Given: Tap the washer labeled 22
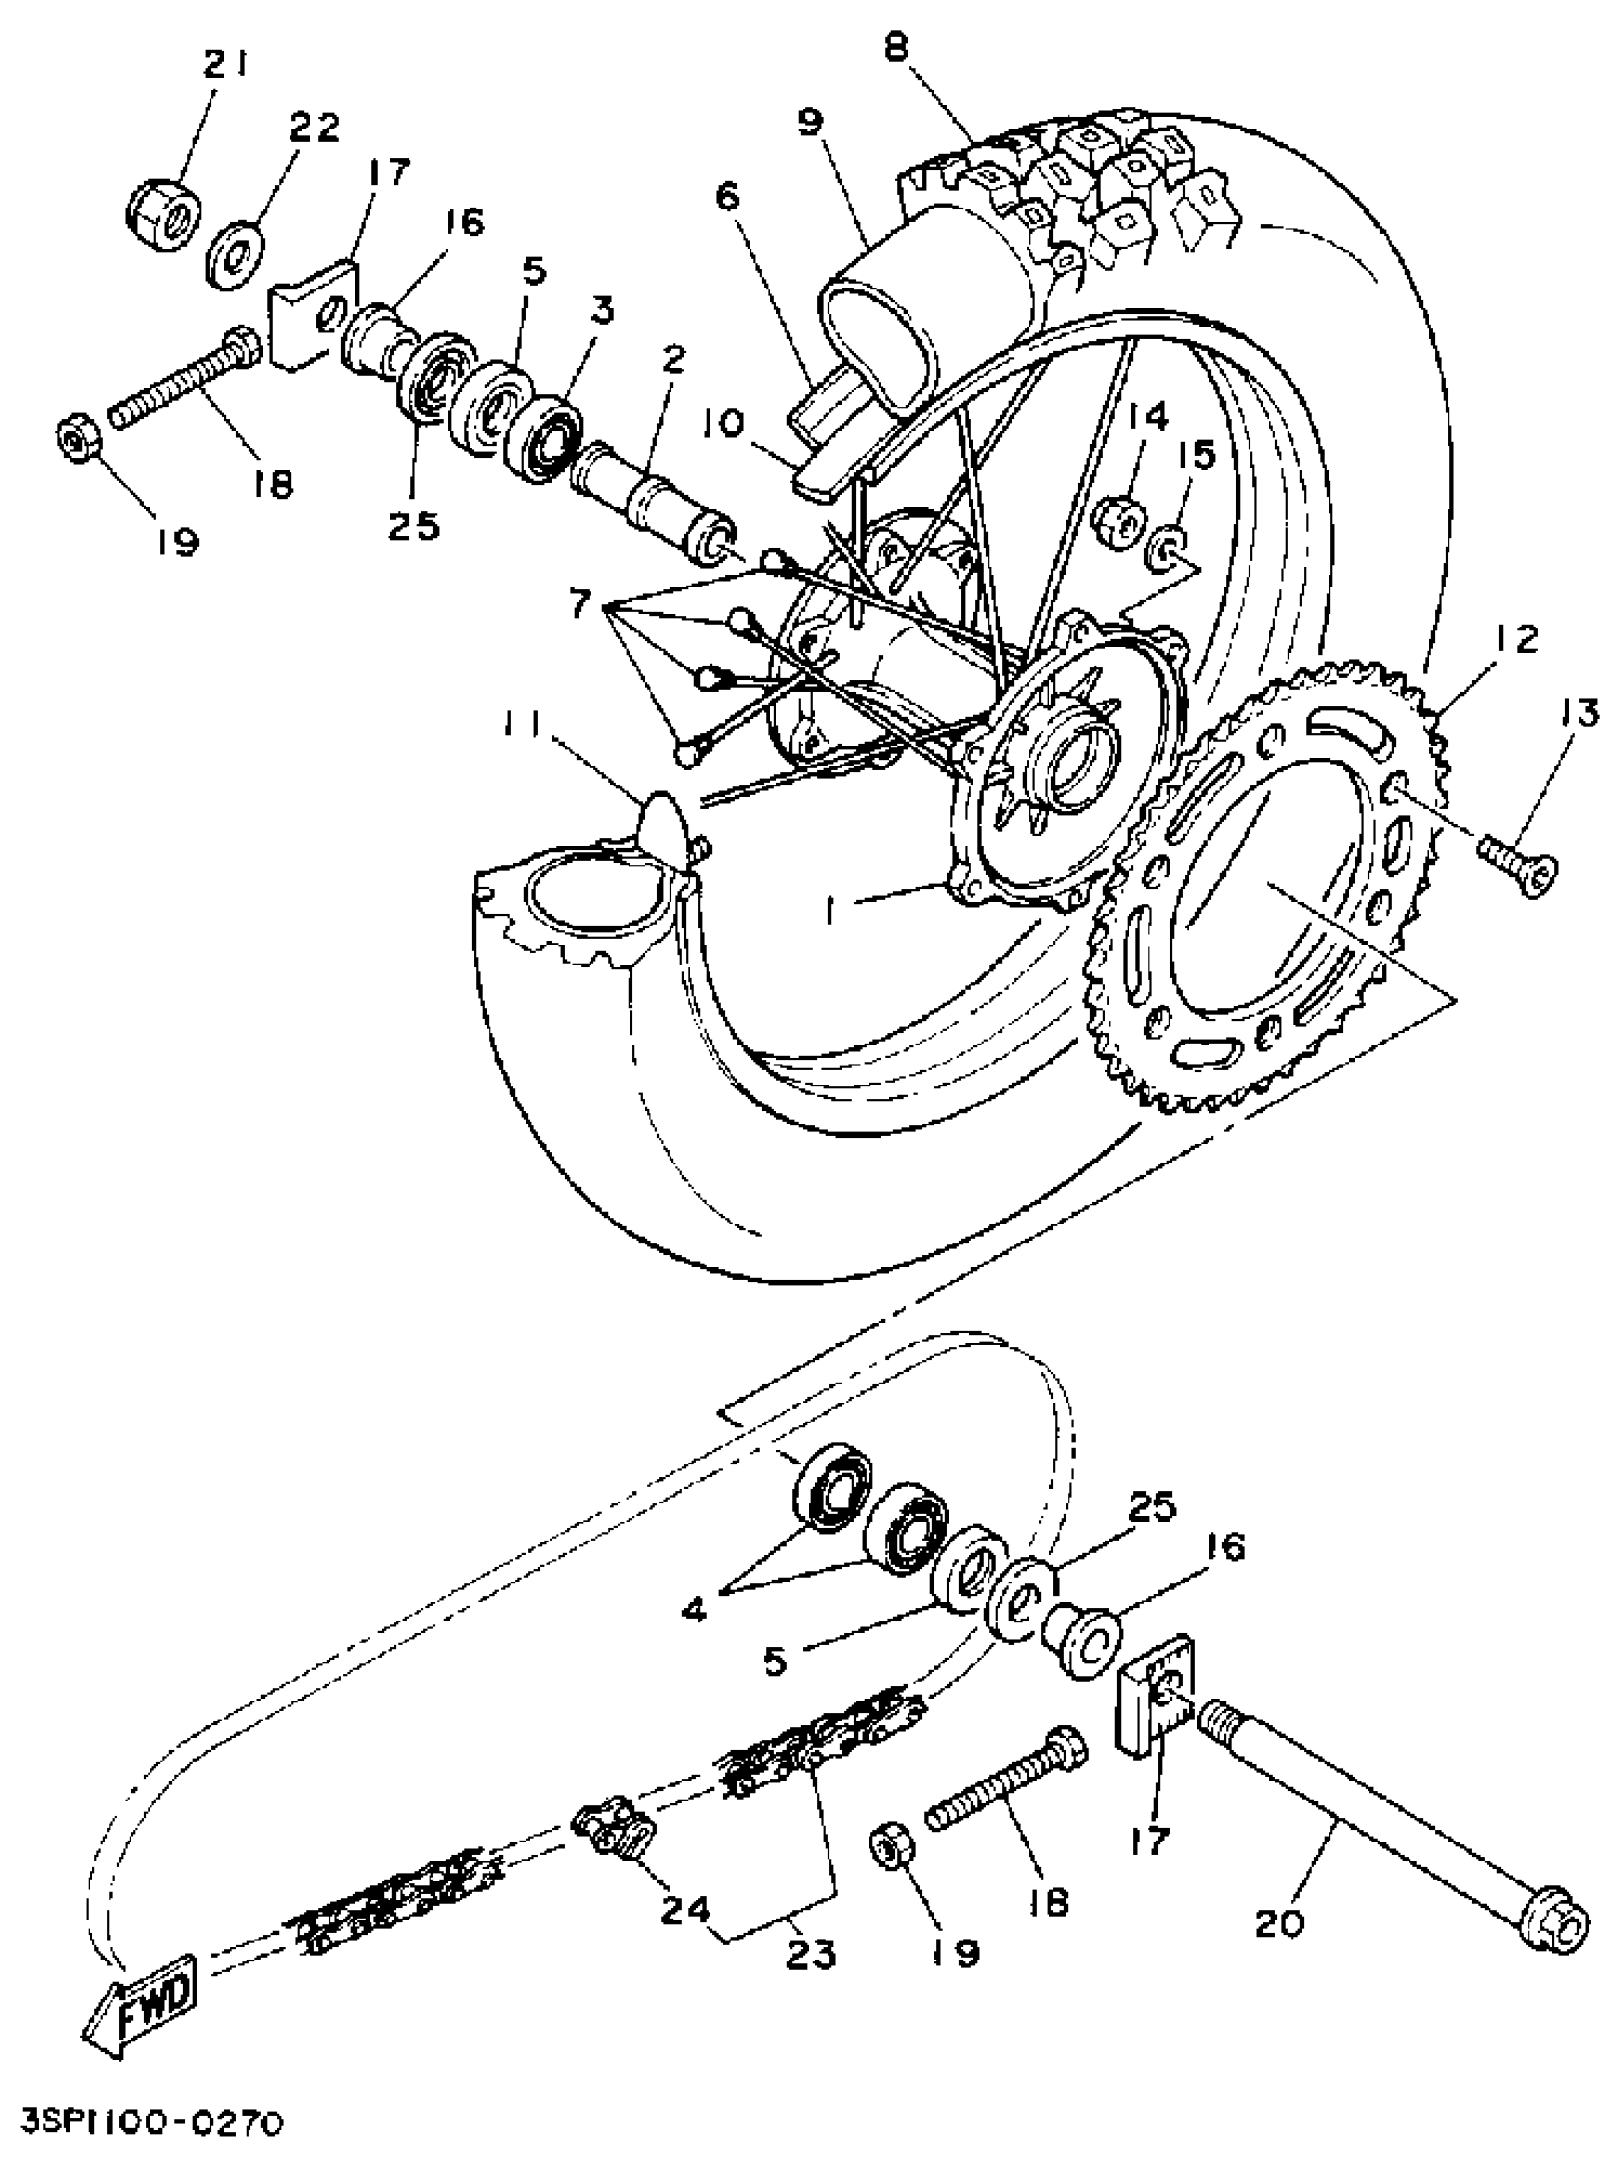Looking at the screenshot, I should tap(234, 257).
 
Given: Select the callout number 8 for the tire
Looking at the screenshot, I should tap(896, 48).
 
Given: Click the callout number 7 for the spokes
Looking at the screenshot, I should tap(580, 606).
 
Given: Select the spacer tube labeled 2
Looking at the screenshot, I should tap(651, 494).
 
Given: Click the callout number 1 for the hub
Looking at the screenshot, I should tap(832, 913).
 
